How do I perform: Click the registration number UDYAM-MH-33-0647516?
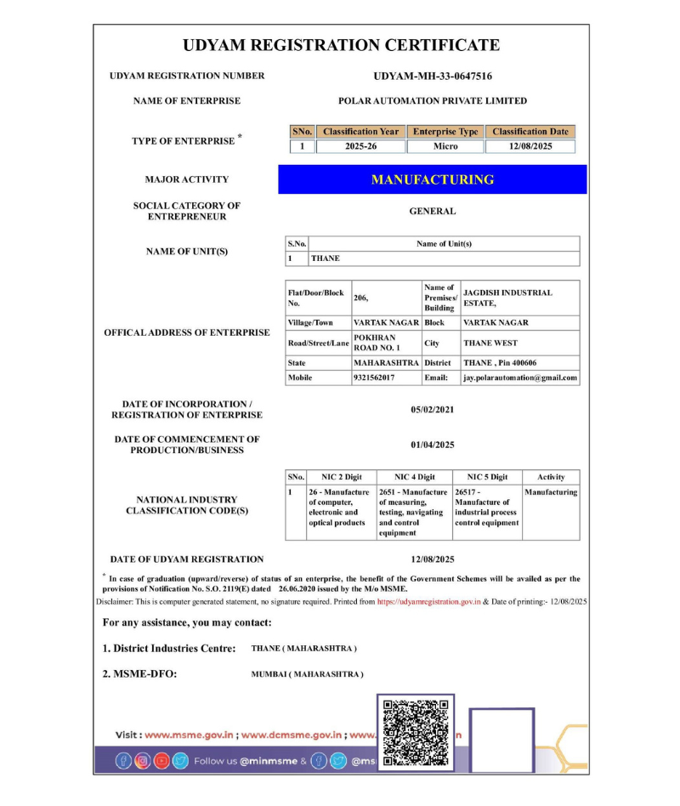(x=433, y=76)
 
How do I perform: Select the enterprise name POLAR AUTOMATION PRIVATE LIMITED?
(x=433, y=100)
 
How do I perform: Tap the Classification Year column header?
(x=360, y=132)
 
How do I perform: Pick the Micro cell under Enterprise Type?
(x=445, y=146)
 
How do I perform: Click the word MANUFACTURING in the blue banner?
(x=433, y=179)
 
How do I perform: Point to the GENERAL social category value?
(x=433, y=211)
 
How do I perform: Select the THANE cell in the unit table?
(x=326, y=258)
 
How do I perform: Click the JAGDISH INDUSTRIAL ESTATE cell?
(x=507, y=298)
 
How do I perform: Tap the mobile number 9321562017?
(x=374, y=377)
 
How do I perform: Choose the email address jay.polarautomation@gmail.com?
(x=520, y=377)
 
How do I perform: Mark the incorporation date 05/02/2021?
(x=433, y=409)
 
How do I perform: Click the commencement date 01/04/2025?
(x=433, y=444)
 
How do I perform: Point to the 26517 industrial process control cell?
(x=486, y=508)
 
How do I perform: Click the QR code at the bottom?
(x=416, y=732)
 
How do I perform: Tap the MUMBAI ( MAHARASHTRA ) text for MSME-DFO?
(x=308, y=674)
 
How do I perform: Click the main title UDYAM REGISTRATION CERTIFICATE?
(x=341, y=45)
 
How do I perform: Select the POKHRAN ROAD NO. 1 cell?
(x=375, y=343)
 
